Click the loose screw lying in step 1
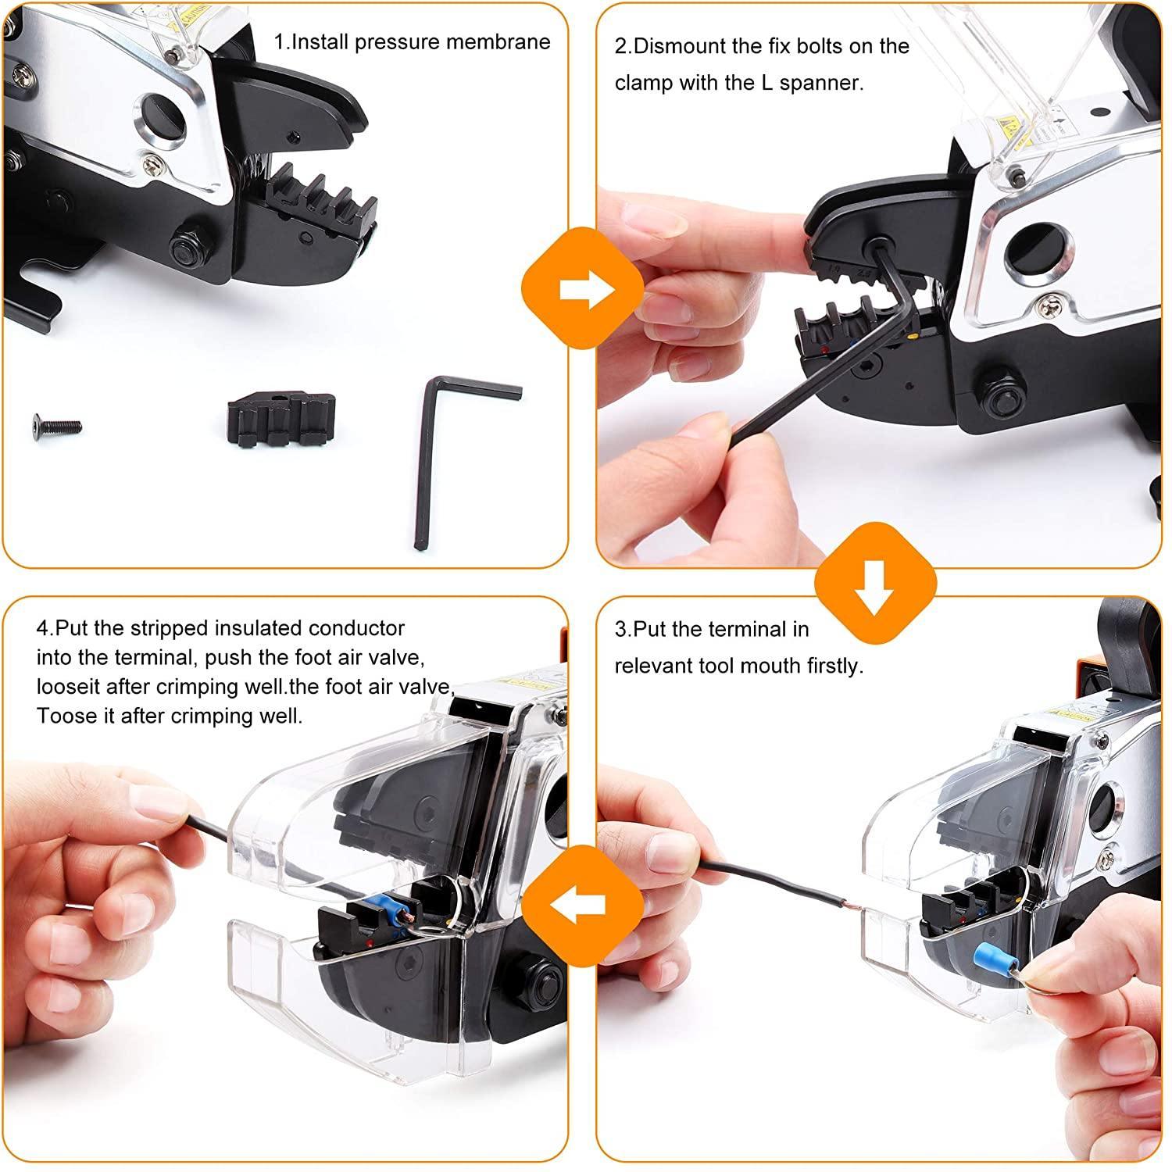coord(58,425)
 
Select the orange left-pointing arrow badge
coord(583,904)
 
